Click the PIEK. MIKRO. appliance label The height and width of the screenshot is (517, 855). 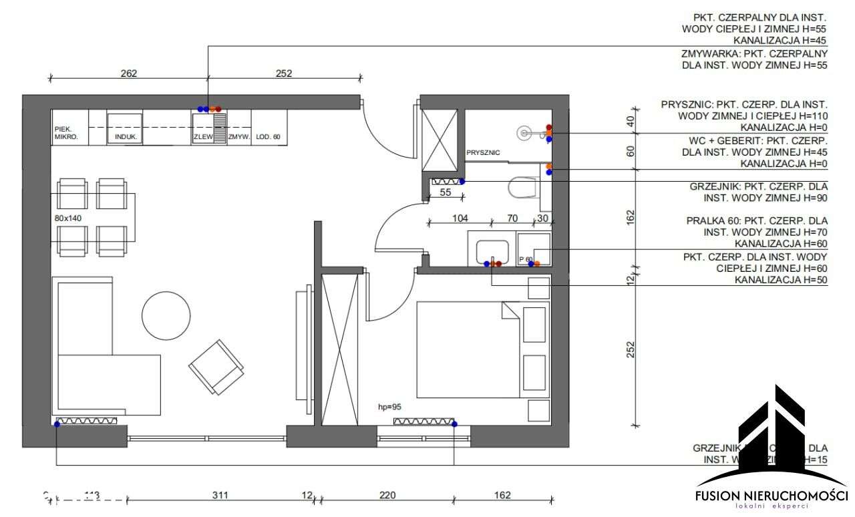pos(66,133)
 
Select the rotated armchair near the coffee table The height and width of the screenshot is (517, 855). pos(216,367)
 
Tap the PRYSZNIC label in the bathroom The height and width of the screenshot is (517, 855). pos(483,152)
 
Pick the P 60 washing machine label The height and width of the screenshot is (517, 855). pos(526,259)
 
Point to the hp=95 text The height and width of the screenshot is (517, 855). pos(389,406)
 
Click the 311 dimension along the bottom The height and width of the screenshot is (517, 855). pos(220,495)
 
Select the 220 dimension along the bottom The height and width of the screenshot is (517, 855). pos(387,495)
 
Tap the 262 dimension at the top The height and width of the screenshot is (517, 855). pos(128,73)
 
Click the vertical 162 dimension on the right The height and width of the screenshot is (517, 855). pos(631,217)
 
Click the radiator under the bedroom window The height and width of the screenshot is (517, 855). pos(423,421)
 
